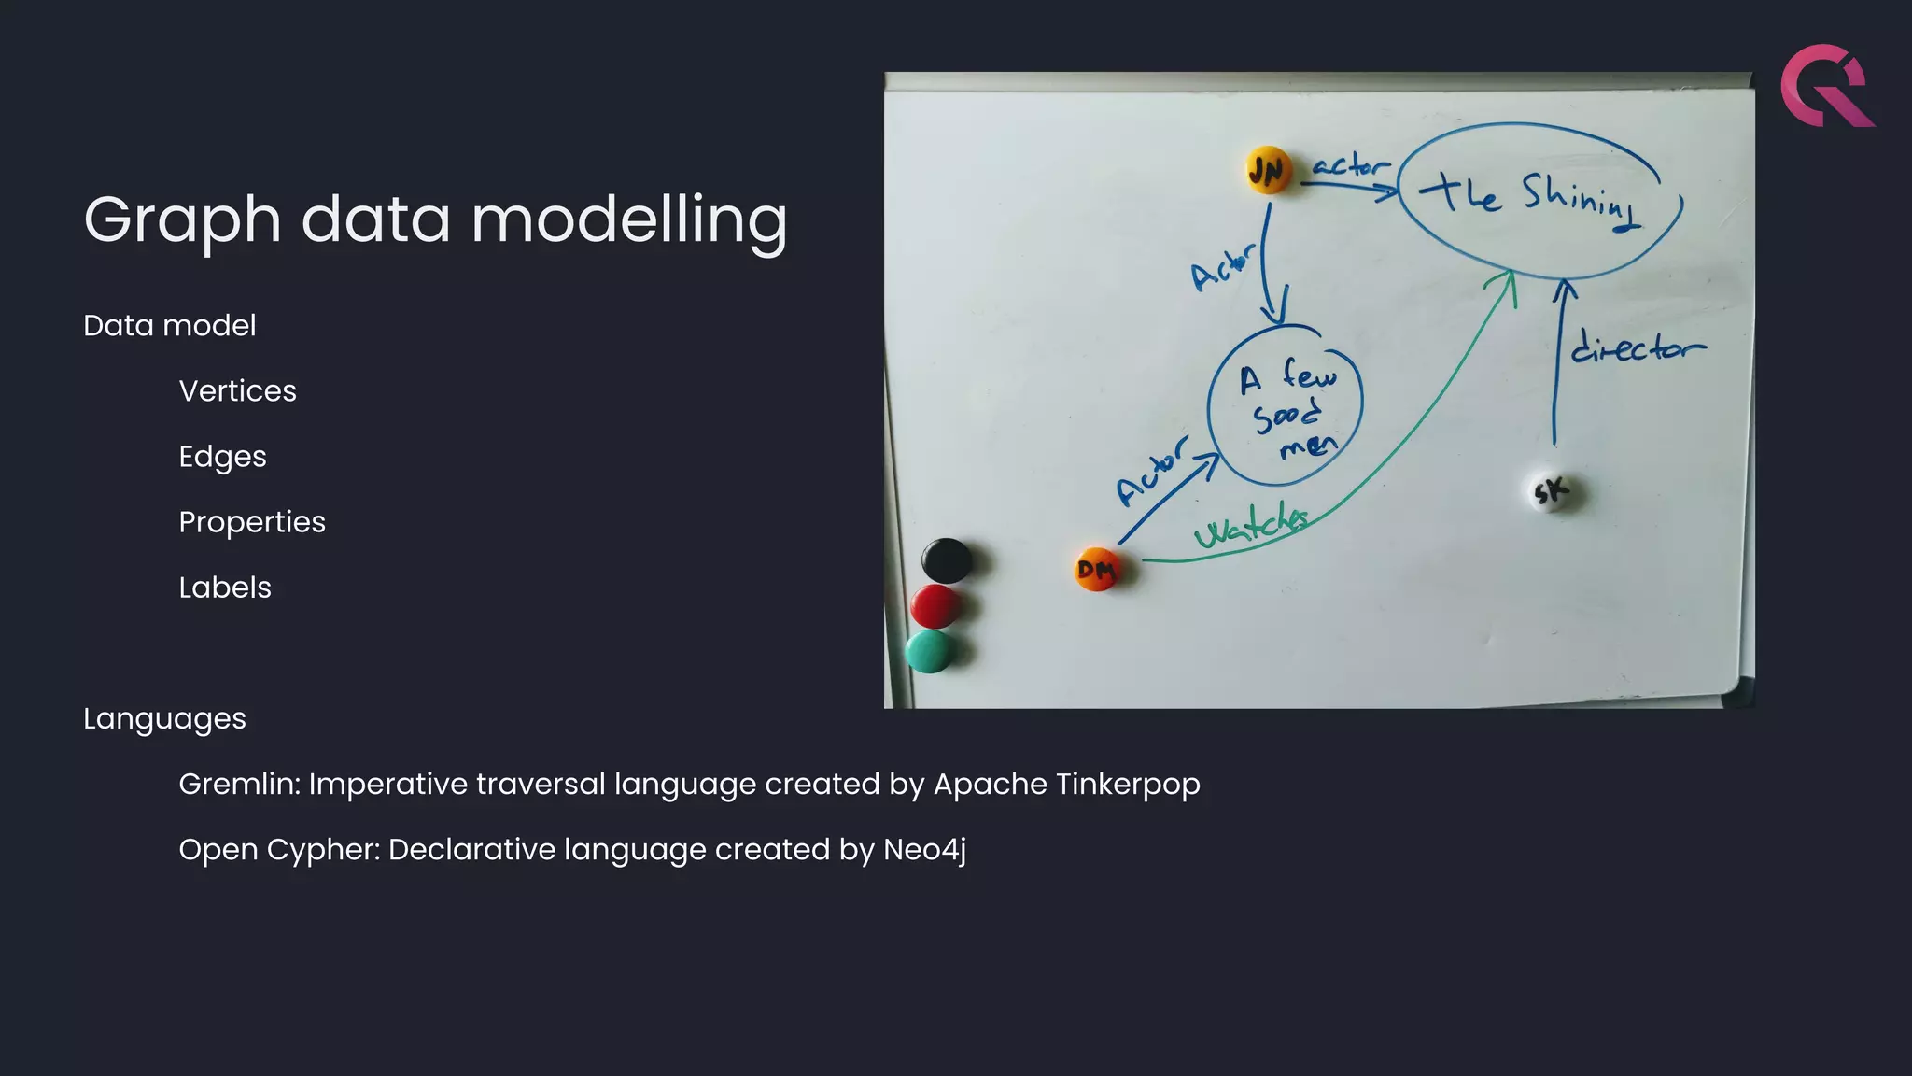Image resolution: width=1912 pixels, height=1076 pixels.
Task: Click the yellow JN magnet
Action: pos(1267,171)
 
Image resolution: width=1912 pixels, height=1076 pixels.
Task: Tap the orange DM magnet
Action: pos(1096,569)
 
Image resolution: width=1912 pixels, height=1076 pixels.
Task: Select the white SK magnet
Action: pos(1552,491)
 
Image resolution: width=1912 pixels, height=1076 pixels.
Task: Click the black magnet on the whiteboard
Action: pos(946,560)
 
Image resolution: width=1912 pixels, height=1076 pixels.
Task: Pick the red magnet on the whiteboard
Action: pos(935,607)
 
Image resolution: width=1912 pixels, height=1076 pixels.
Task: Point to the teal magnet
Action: pos(928,651)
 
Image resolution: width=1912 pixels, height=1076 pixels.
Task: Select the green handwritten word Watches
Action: pos(1251,526)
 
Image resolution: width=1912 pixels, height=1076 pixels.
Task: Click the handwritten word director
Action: pos(1637,347)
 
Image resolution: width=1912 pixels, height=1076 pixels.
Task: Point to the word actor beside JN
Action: pos(1350,166)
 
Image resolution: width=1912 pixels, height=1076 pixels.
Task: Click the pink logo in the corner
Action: pos(1826,86)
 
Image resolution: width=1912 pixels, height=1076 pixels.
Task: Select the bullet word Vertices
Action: pos(237,391)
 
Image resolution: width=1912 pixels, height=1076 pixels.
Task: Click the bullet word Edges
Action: pos(222,457)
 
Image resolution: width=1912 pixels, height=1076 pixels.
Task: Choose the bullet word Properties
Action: pos(252,522)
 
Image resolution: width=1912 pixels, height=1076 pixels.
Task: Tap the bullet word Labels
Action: pos(225,588)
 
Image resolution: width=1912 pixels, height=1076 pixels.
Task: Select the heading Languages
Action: pos(164,719)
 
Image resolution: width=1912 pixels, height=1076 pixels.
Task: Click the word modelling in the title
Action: pos(629,220)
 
